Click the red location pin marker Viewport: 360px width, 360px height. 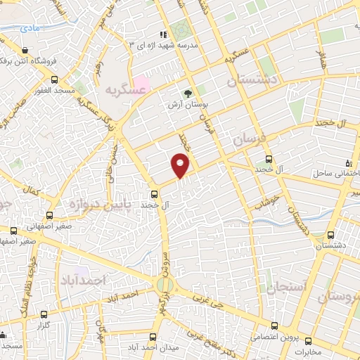pyautogui.click(x=181, y=166)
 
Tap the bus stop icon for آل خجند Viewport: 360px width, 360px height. pyautogui.click(x=155, y=194)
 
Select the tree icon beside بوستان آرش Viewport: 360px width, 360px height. pyautogui.click(x=188, y=93)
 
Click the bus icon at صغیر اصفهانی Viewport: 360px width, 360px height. pyautogui.click(x=49, y=215)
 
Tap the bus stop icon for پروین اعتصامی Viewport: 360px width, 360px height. pyautogui.click(x=275, y=326)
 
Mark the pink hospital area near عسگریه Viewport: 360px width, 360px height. pyautogui.click(x=141, y=84)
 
